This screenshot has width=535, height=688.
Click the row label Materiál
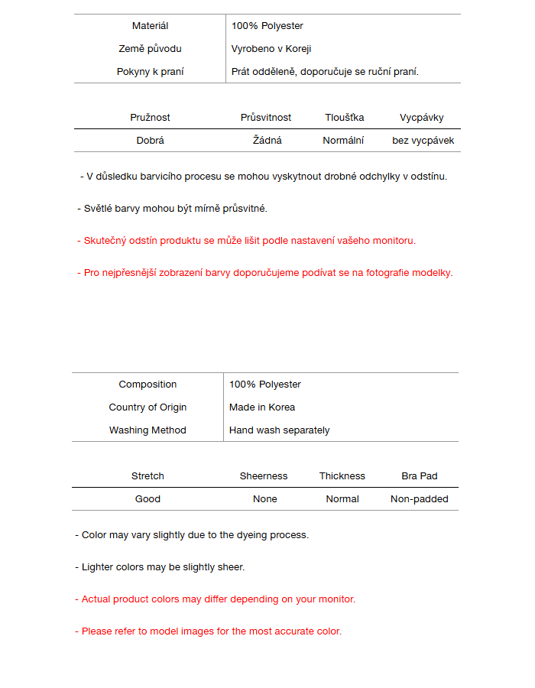[150, 26]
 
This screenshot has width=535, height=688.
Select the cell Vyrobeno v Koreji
[271, 49]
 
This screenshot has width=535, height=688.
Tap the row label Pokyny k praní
[150, 72]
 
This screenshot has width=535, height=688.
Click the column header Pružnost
[150, 118]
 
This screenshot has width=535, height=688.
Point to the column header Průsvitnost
[266, 118]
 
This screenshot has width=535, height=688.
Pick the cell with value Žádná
[267, 141]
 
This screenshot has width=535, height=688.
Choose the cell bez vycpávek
[423, 141]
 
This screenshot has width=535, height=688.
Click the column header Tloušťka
[344, 118]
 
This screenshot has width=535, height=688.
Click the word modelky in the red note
[432, 273]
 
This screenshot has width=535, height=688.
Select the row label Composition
[148, 385]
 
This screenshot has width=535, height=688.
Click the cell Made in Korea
[262, 407]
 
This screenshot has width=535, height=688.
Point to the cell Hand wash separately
[279, 430]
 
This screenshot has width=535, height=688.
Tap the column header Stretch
[148, 476]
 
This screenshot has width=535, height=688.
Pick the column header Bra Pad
[420, 476]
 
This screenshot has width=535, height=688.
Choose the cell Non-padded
[420, 499]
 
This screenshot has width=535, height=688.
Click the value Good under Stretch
[148, 499]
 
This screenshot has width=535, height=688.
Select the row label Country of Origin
[148, 407]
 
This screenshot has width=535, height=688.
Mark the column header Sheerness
[264, 476]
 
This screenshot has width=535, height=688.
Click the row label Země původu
[150, 49]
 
